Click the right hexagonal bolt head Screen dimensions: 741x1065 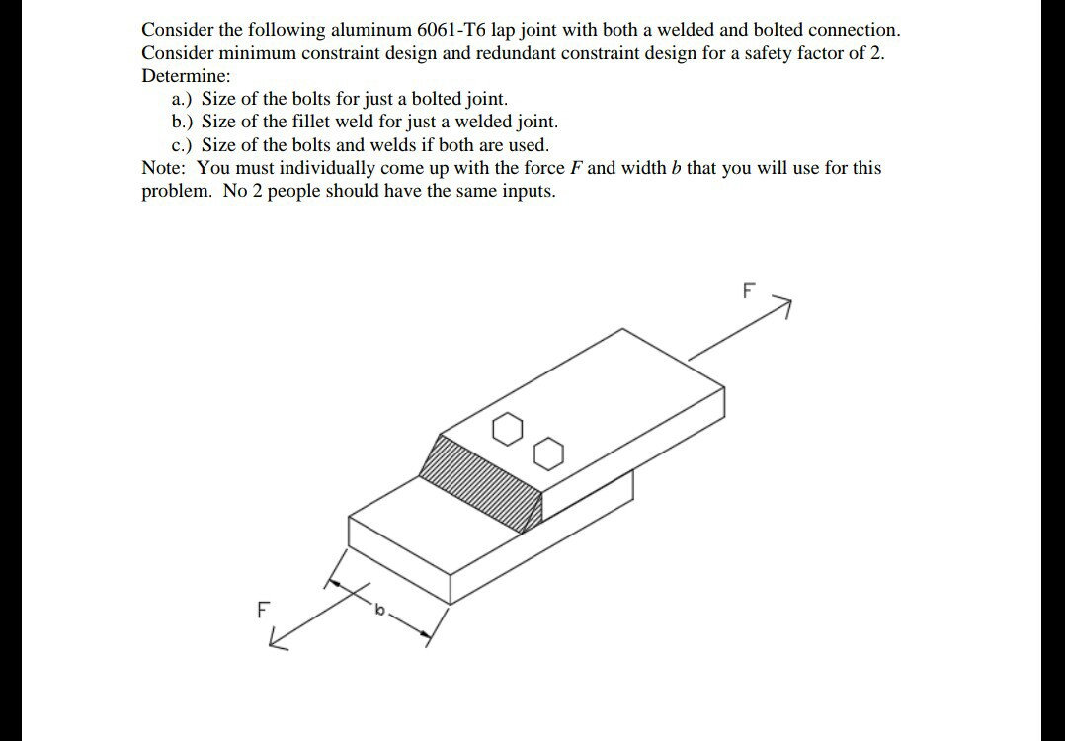click(x=549, y=454)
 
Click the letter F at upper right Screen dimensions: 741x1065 click(x=747, y=291)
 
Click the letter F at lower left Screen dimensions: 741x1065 click(x=263, y=610)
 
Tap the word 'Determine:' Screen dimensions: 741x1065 click(x=186, y=76)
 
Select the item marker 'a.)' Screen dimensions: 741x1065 click(x=184, y=99)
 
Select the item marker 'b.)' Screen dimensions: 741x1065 click(x=184, y=122)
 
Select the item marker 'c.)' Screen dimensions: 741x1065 click(x=184, y=144)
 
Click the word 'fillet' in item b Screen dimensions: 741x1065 click(x=313, y=122)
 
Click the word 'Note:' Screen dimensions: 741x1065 click(x=165, y=167)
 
